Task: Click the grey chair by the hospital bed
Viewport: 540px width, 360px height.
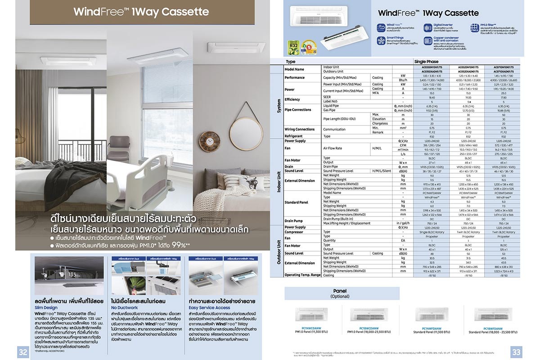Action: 118,148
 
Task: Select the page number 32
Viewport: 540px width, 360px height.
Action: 22,352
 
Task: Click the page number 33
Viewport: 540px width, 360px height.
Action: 516,352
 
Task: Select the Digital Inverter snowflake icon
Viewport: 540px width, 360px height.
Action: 427,28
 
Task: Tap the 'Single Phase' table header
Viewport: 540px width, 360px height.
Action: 425,61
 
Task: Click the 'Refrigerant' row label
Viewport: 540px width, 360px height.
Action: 293,136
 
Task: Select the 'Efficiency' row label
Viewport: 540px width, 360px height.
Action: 292,99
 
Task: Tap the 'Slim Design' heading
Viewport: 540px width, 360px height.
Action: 45,307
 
